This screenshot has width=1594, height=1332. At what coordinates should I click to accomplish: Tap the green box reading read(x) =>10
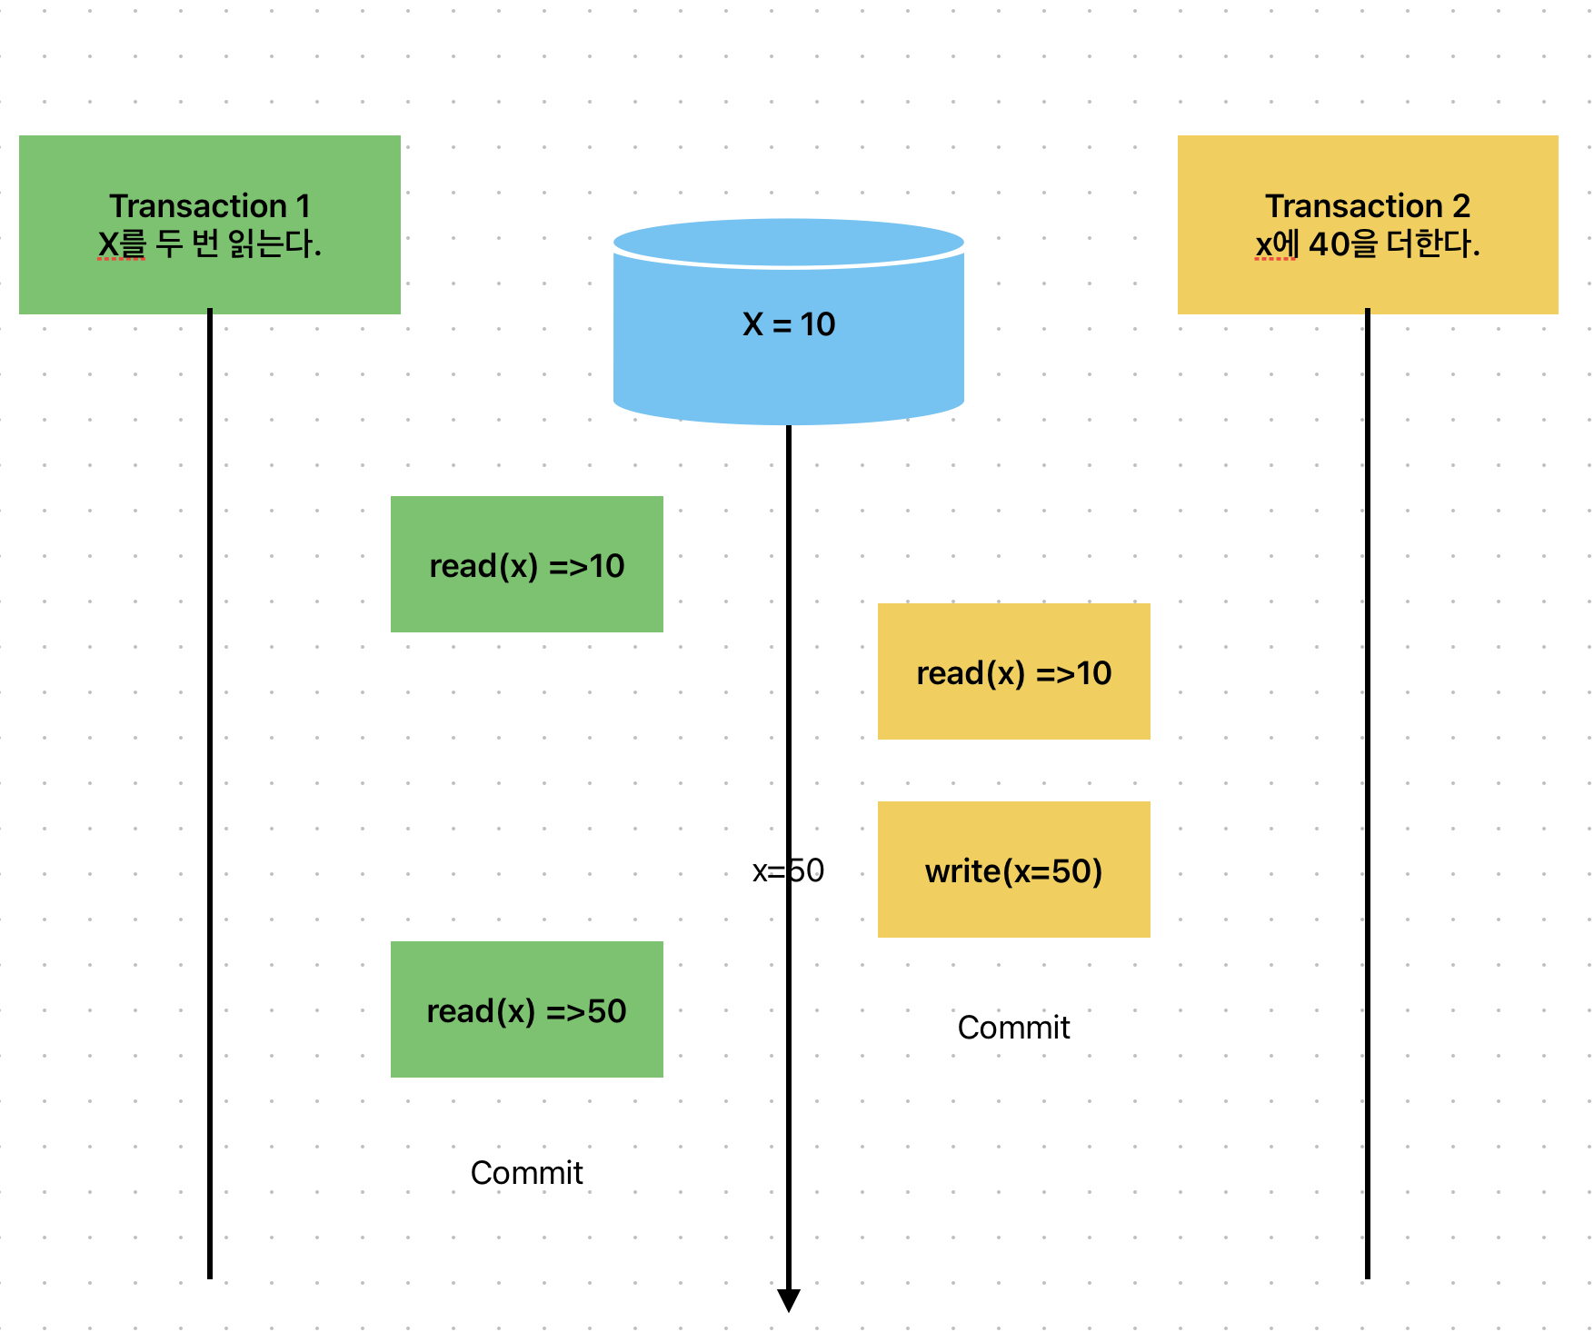(526, 564)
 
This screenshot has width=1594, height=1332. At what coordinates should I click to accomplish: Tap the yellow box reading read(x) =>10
(1013, 671)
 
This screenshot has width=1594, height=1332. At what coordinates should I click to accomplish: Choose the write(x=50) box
(1013, 870)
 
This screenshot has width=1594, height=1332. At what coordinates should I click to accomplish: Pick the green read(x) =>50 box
(526, 1009)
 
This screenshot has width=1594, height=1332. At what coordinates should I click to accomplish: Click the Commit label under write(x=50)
(1013, 1028)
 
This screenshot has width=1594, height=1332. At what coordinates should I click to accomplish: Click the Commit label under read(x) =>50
(526, 1173)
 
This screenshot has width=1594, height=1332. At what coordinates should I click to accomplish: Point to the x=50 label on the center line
(788, 870)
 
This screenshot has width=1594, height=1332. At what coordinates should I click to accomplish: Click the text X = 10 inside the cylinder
(788, 324)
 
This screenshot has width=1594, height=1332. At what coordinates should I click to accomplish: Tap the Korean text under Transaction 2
(1390, 244)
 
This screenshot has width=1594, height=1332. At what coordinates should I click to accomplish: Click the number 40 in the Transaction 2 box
(1330, 244)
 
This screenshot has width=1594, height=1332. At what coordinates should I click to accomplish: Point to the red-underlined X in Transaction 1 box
(108, 244)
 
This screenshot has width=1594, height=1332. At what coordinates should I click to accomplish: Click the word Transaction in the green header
(198, 206)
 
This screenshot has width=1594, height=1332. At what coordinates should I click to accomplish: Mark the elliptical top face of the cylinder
(788, 242)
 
